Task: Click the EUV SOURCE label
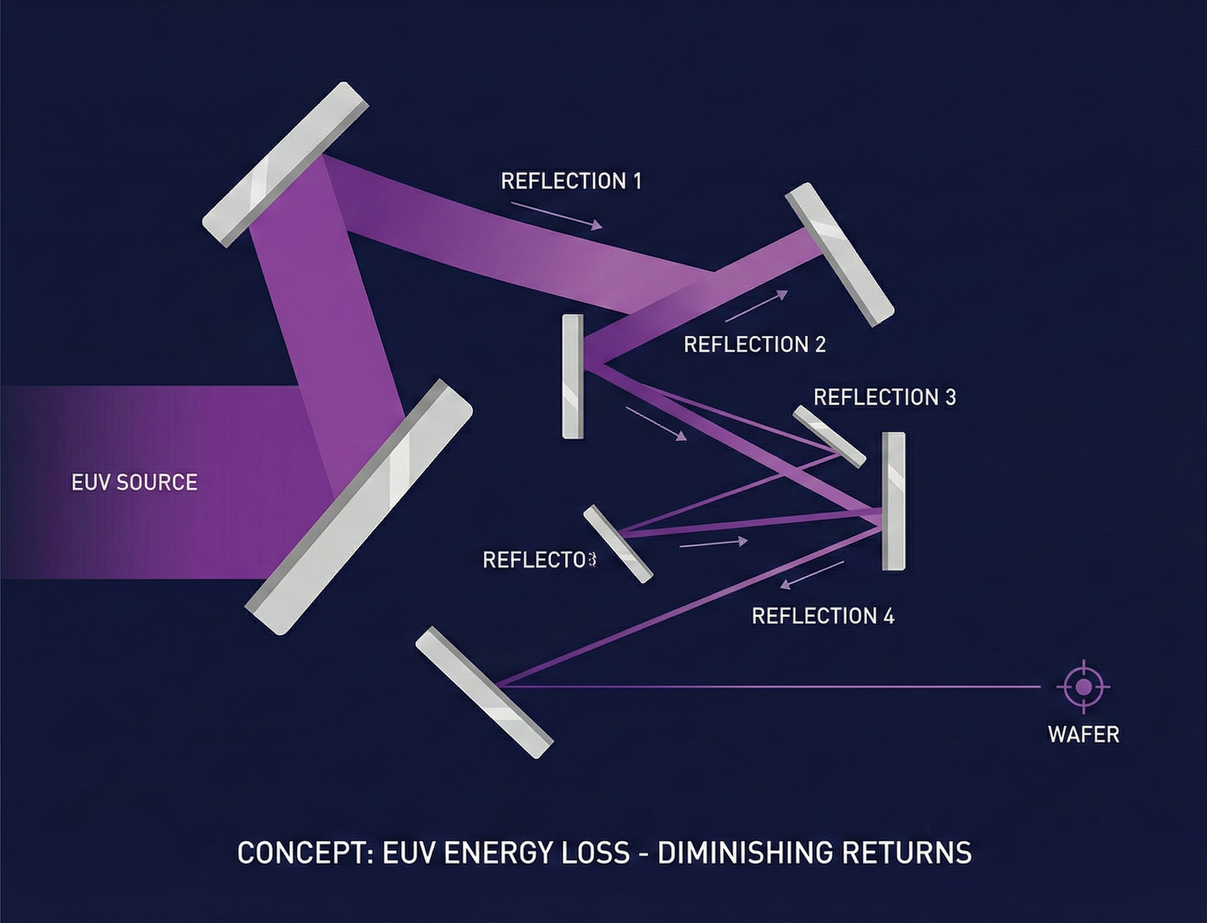(134, 482)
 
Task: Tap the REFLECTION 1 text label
(571, 181)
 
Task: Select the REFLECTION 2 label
(754, 344)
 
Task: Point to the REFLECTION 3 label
(884, 397)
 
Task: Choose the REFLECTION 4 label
(822, 616)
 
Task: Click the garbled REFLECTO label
(539, 560)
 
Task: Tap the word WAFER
(1083, 734)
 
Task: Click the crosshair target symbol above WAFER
(1083, 686)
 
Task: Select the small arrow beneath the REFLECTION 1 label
(556, 214)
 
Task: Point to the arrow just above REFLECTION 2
(756, 306)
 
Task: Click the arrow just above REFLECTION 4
(812, 575)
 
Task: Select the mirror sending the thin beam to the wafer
(484, 692)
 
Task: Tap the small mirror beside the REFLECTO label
(618, 543)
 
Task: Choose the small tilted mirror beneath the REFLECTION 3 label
(829, 436)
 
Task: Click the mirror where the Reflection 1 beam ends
(839, 254)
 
